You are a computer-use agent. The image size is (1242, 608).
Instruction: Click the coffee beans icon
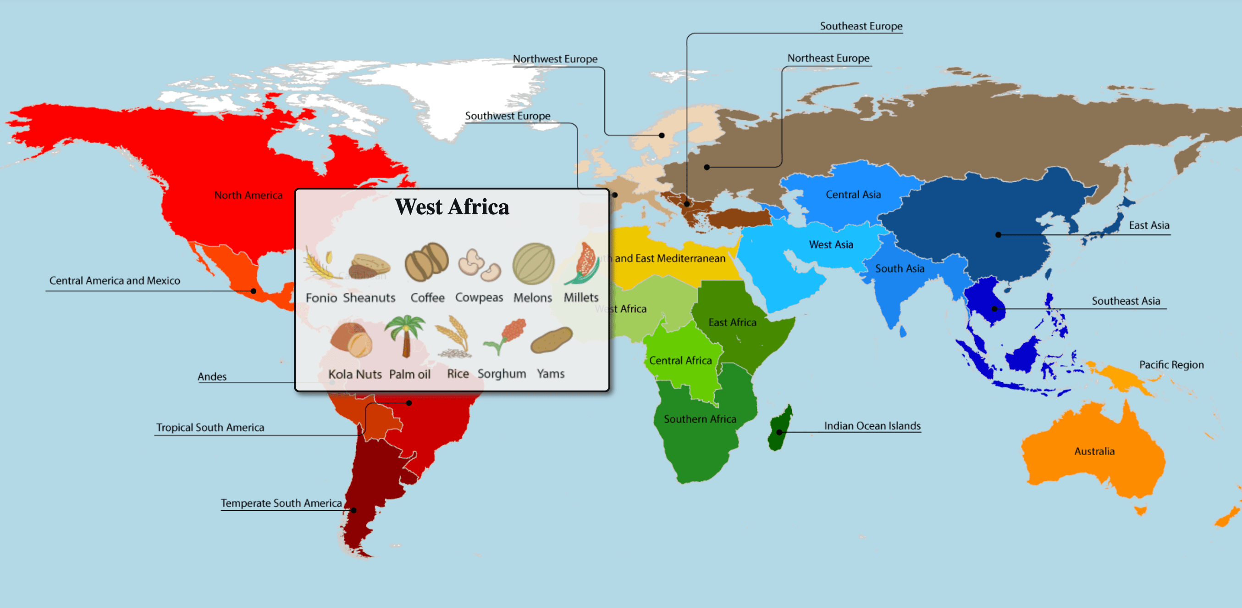(x=426, y=262)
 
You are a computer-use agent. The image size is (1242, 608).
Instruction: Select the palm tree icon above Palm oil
(x=405, y=336)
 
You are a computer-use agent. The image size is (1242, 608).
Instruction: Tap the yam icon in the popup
(x=551, y=340)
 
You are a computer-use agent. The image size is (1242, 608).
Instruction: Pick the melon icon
(x=533, y=263)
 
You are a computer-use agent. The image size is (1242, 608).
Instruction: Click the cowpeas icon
(x=479, y=264)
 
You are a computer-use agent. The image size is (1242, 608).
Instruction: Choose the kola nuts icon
(x=352, y=340)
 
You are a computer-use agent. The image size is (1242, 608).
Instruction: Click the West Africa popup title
(x=452, y=207)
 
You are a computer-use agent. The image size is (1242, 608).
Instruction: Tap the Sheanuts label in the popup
(x=370, y=298)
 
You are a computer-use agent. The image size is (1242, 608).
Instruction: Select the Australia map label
(x=1094, y=451)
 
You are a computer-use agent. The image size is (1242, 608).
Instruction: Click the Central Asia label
(x=853, y=195)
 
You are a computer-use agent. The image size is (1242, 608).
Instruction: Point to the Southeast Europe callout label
(x=861, y=26)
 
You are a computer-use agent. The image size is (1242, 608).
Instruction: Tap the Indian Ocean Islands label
(x=872, y=426)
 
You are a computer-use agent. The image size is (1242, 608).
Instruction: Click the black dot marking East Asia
(x=998, y=235)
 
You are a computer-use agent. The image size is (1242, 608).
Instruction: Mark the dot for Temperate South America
(x=353, y=510)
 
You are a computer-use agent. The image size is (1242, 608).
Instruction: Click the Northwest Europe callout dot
(x=662, y=135)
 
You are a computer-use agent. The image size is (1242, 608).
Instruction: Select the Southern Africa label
(x=700, y=419)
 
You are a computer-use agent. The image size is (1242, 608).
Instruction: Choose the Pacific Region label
(x=1170, y=365)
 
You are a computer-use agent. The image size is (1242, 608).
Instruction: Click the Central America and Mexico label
(x=115, y=280)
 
